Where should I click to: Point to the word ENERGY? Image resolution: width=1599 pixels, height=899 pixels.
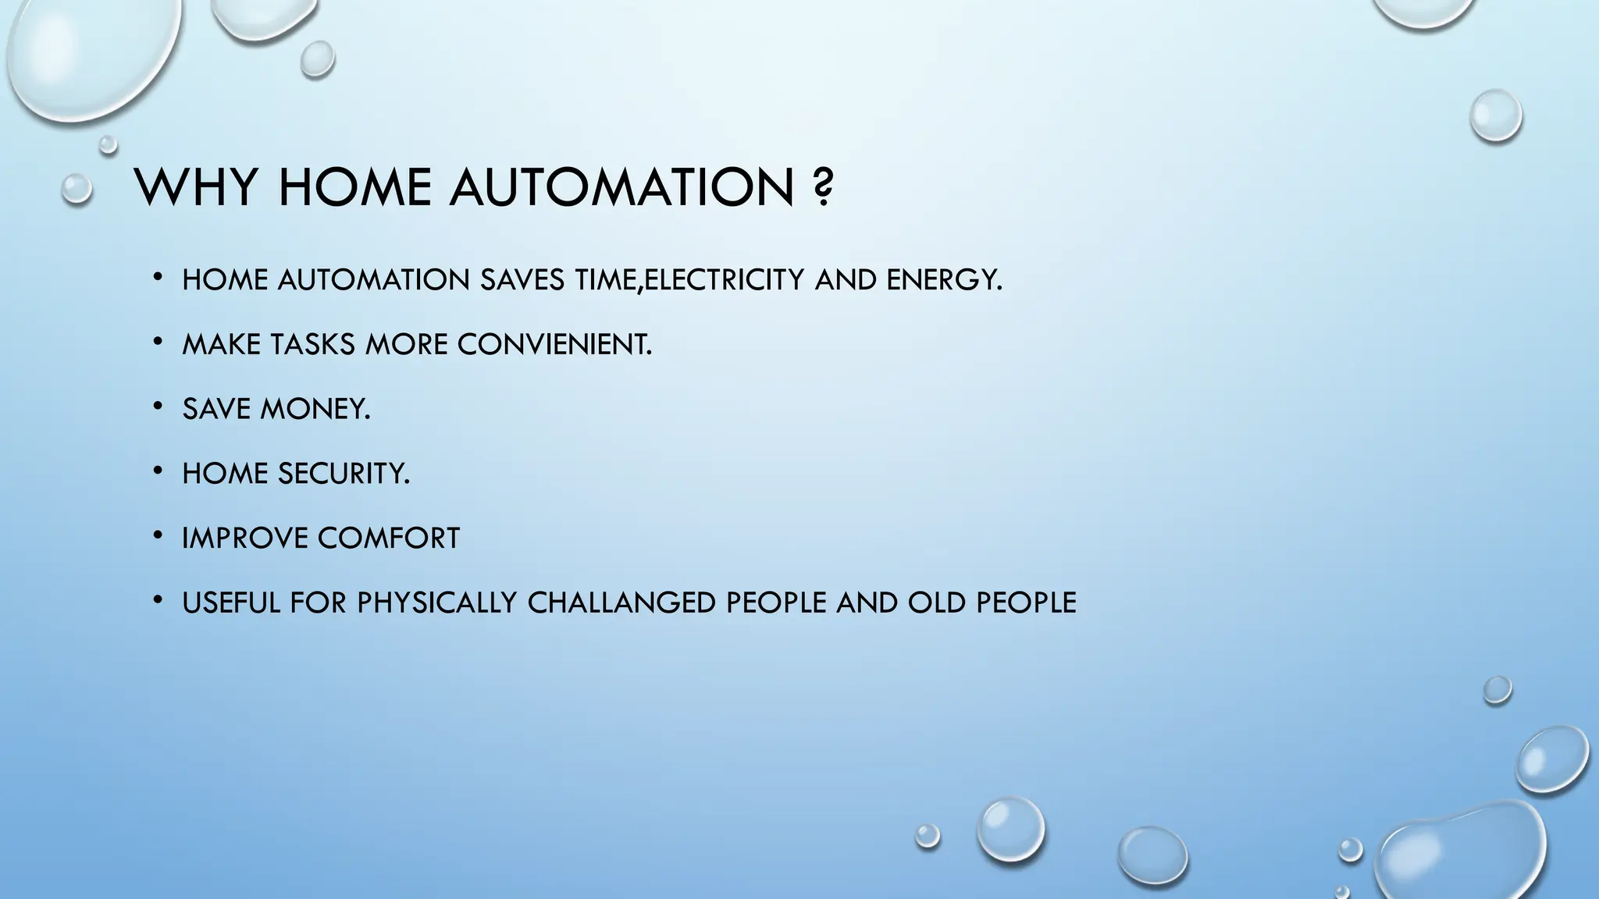[944, 279]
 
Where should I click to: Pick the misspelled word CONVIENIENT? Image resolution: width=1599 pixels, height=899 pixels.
[554, 344]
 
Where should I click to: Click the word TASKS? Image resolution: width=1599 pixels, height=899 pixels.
[312, 344]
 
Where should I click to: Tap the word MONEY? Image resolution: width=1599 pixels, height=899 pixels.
[315, 409]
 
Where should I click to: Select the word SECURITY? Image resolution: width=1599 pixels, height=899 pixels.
[344, 474]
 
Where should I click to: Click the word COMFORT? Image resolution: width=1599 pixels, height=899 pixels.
[389, 538]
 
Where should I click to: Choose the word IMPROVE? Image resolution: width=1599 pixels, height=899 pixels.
[245, 538]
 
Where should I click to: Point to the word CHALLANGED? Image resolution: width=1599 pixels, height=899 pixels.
[621, 602]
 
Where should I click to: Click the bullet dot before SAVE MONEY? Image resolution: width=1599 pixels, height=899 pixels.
[158, 406]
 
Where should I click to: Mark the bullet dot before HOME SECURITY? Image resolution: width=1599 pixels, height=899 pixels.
[158, 471]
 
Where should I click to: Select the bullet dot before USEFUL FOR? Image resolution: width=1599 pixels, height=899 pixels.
[158, 599]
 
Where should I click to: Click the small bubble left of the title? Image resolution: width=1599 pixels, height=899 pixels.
[77, 189]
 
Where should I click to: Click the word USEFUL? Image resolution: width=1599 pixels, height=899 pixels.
[231, 602]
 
